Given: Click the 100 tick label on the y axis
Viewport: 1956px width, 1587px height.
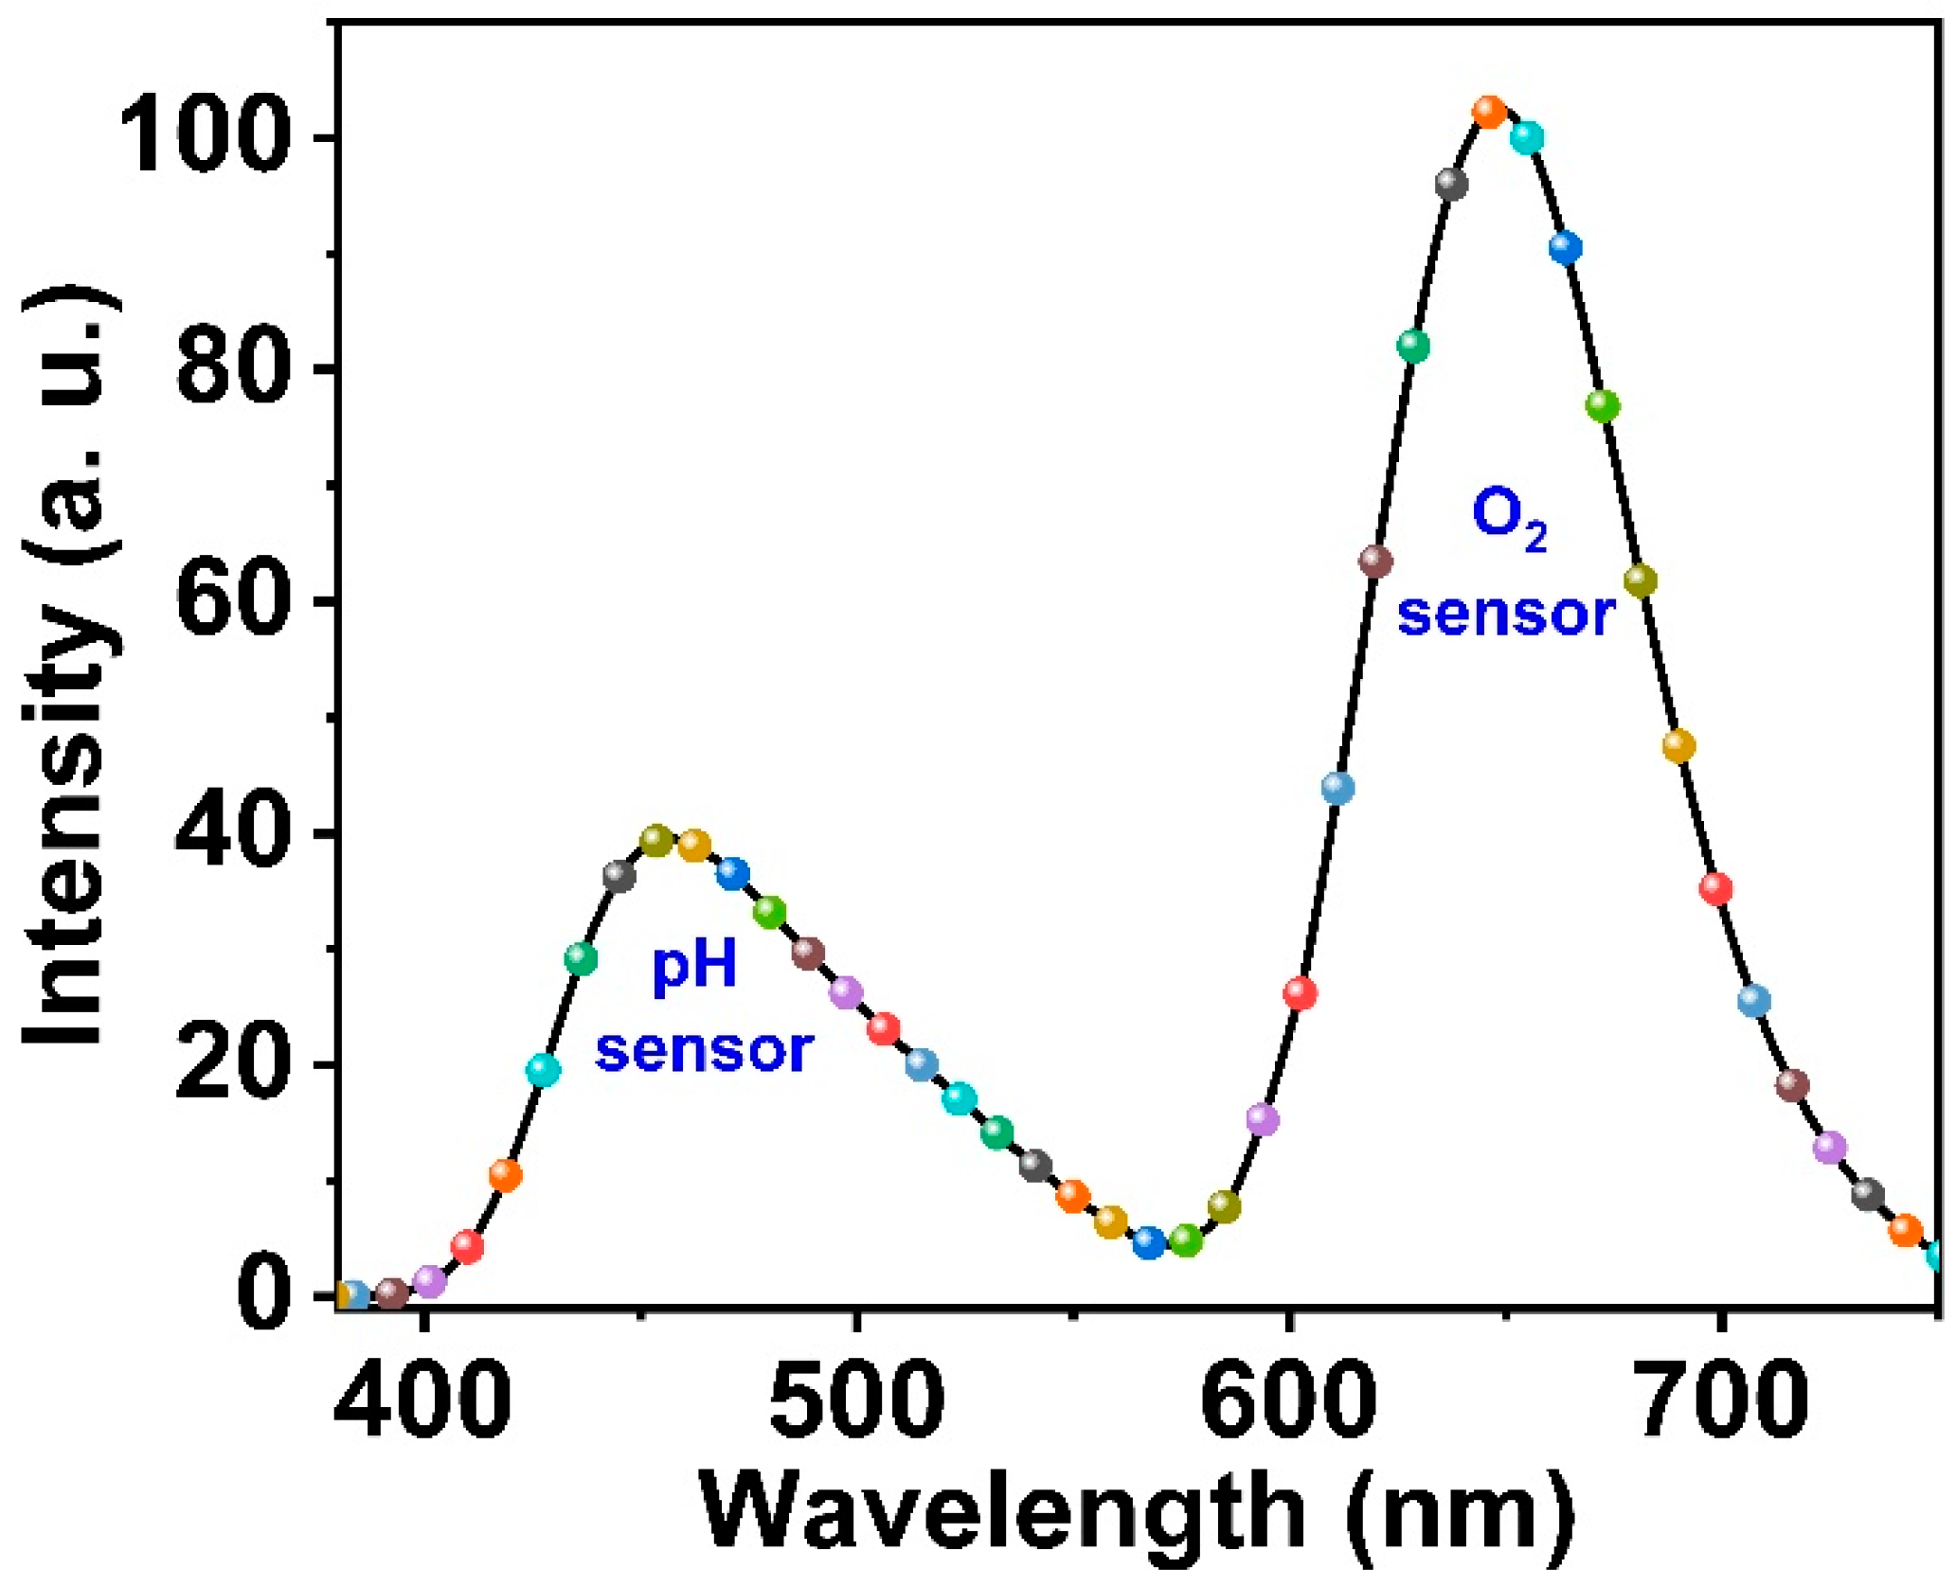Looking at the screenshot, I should pyautogui.click(x=204, y=139).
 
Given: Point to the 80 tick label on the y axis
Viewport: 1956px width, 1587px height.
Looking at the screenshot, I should pyautogui.click(x=231, y=369).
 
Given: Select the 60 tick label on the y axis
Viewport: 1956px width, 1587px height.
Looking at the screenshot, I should pyautogui.click(x=231, y=601).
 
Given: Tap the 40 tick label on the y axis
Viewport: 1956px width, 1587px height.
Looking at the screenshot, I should pyautogui.click(x=231, y=833).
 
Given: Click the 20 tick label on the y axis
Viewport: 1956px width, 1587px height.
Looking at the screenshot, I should pyautogui.click(x=231, y=1065).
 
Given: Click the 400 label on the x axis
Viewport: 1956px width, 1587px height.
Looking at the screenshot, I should pyautogui.click(x=423, y=1400).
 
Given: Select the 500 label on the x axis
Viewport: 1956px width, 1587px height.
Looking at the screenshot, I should pyautogui.click(x=856, y=1400).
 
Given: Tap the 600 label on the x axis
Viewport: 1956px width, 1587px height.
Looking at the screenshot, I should pyautogui.click(x=1289, y=1400).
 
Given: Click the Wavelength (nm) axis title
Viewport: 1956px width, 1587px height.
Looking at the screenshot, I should pyautogui.click(x=1137, y=1513).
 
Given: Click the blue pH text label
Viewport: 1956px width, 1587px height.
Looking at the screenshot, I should pyautogui.click(x=694, y=968).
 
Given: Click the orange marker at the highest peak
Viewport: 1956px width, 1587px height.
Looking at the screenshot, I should pyautogui.click(x=1489, y=112).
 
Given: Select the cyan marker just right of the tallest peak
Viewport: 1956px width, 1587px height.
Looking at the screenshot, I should pyautogui.click(x=1527, y=137).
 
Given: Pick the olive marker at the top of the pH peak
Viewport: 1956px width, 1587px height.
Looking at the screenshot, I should pyautogui.click(x=656, y=839).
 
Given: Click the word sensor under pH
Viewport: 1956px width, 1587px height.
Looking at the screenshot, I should pyautogui.click(x=705, y=1051).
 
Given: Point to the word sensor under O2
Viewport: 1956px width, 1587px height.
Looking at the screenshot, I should pyautogui.click(x=1506, y=615).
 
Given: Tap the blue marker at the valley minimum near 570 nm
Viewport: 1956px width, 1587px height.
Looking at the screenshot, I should pyautogui.click(x=1149, y=1242).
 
